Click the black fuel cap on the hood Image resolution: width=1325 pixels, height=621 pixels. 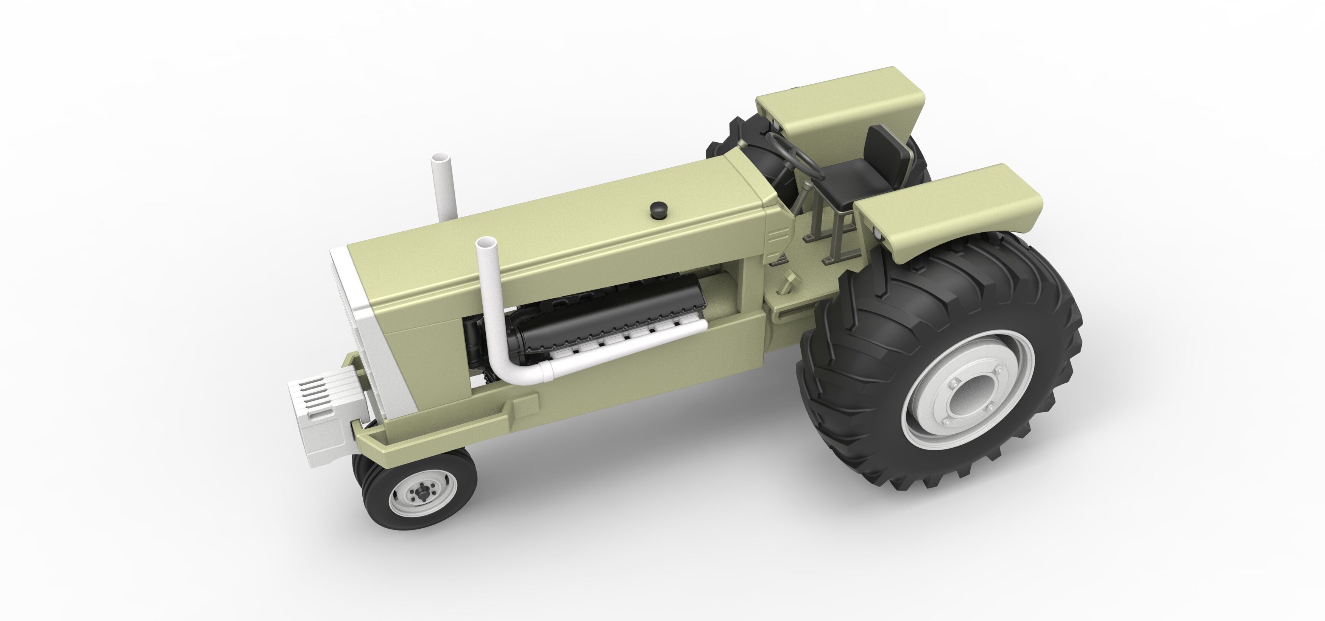click(x=657, y=209)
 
